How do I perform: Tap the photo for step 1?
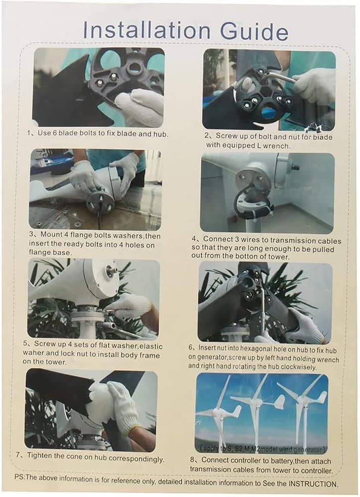99,87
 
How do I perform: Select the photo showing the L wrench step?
269,90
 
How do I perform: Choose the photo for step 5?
94,298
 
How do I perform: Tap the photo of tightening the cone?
92,410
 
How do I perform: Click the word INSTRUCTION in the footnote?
310,484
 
